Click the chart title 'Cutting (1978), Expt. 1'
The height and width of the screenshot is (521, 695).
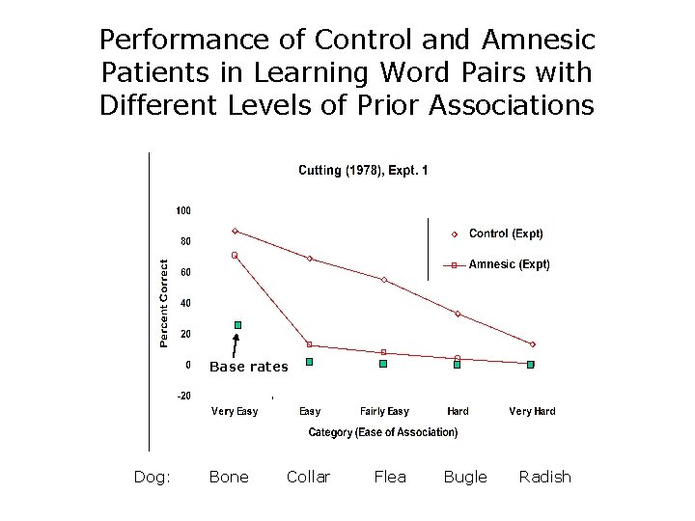tap(363, 171)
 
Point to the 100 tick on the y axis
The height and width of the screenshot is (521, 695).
tap(182, 210)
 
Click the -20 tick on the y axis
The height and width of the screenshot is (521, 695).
tap(182, 396)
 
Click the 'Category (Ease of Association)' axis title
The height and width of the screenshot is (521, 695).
tap(383, 432)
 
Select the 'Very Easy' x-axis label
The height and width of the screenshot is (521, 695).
tap(235, 412)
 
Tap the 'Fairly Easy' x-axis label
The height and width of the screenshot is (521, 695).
tap(384, 412)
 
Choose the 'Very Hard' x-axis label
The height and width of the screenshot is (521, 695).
tap(532, 412)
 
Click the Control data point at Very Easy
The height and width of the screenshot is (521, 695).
tap(235, 232)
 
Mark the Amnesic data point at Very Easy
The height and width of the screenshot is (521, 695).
tap(235, 255)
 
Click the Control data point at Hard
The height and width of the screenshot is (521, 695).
tap(458, 314)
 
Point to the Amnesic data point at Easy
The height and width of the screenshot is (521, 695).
tap(310, 344)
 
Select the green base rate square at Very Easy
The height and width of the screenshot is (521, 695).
tap(237, 325)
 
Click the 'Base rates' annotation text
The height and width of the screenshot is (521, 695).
tap(248, 367)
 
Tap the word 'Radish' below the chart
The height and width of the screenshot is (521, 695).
tap(544, 477)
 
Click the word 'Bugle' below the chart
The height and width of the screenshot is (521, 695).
tap(465, 477)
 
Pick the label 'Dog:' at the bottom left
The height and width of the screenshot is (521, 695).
tap(153, 477)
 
